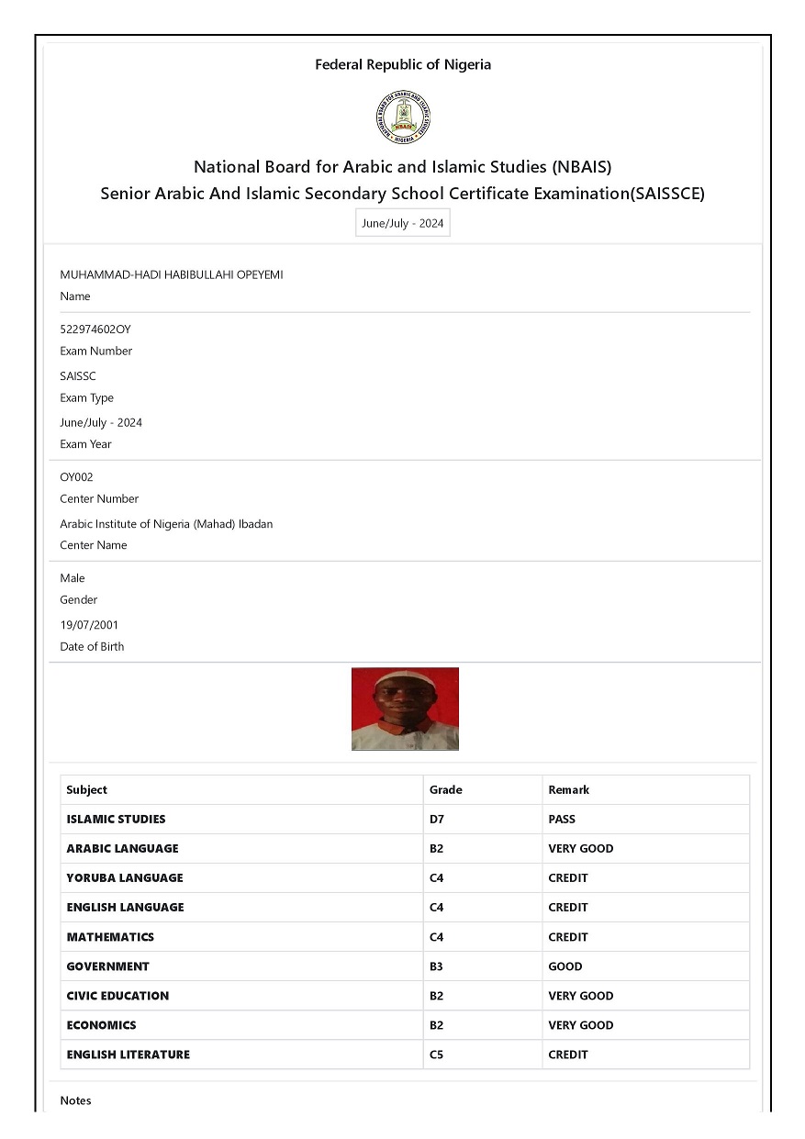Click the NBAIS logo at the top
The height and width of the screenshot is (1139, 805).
coord(403,117)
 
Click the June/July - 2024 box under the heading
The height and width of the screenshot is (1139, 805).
coord(403,223)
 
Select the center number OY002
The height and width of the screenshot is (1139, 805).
coord(76,477)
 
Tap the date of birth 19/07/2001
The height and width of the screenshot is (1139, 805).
coord(89,625)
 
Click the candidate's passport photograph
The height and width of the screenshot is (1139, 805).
coord(405,709)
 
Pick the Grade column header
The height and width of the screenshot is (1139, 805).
coord(446,789)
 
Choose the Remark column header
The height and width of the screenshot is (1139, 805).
coord(568,789)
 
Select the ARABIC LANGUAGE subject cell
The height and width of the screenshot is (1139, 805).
coord(122,848)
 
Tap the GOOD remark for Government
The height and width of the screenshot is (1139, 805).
coord(565,966)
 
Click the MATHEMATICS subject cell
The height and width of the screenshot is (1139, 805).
coord(110,937)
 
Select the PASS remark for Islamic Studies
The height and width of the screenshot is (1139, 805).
coord(562,819)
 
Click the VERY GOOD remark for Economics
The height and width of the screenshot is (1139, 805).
coord(580,1025)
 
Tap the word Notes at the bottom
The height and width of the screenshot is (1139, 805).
coord(75,1100)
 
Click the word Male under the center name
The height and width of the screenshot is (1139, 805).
coord(73,578)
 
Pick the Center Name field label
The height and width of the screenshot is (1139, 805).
coord(94,545)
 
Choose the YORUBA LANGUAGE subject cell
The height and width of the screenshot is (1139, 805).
coord(125,877)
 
